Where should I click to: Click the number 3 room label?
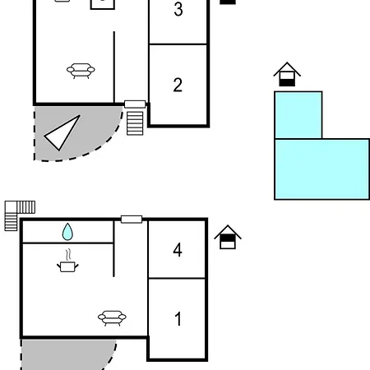(178, 9)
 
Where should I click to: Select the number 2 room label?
(178, 85)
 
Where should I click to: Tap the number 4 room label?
(178, 250)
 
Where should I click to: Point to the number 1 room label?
(178, 319)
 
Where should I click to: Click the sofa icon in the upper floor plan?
(81, 71)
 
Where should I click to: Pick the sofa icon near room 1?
(112, 317)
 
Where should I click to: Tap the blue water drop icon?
(67, 232)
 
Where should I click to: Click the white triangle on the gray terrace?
(62, 133)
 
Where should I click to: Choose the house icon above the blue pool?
(287, 74)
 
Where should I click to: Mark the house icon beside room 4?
(228, 237)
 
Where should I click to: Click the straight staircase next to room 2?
(135, 123)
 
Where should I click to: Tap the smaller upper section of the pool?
(298, 115)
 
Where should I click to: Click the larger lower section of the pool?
(322, 169)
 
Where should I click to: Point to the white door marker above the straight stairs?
(135, 104)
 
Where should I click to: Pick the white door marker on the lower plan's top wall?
(132, 220)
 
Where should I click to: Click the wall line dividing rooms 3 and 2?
(178, 44)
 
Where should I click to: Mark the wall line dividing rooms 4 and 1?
(177, 279)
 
